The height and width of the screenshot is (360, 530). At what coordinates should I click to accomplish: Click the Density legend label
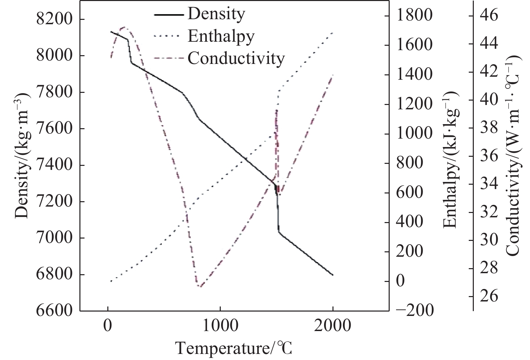[x=216, y=14]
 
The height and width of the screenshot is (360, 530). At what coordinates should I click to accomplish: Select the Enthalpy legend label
[x=221, y=36]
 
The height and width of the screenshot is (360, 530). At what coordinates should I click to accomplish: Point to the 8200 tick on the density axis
[x=54, y=19]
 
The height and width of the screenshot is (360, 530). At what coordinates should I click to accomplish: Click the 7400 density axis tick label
[x=54, y=165]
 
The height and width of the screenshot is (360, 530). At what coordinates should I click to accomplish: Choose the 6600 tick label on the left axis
[x=54, y=311]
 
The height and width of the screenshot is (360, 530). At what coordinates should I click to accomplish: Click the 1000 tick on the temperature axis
[x=220, y=326]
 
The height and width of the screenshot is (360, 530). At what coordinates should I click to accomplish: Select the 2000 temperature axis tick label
[x=332, y=326]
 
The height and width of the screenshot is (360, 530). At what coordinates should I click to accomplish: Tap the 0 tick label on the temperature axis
[x=108, y=326]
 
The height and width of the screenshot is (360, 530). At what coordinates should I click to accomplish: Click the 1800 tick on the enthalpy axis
[x=414, y=16]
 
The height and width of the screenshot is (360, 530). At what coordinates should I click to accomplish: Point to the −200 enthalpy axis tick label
[x=415, y=310]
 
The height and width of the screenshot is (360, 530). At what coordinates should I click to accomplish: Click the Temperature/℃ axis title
[x=234, y=349]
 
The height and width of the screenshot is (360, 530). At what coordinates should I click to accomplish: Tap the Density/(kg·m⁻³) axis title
[x=22, y=155]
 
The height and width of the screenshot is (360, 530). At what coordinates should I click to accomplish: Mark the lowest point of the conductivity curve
[x=199, y=286]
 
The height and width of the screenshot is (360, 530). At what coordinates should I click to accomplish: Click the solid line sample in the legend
[x=169, y=15]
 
